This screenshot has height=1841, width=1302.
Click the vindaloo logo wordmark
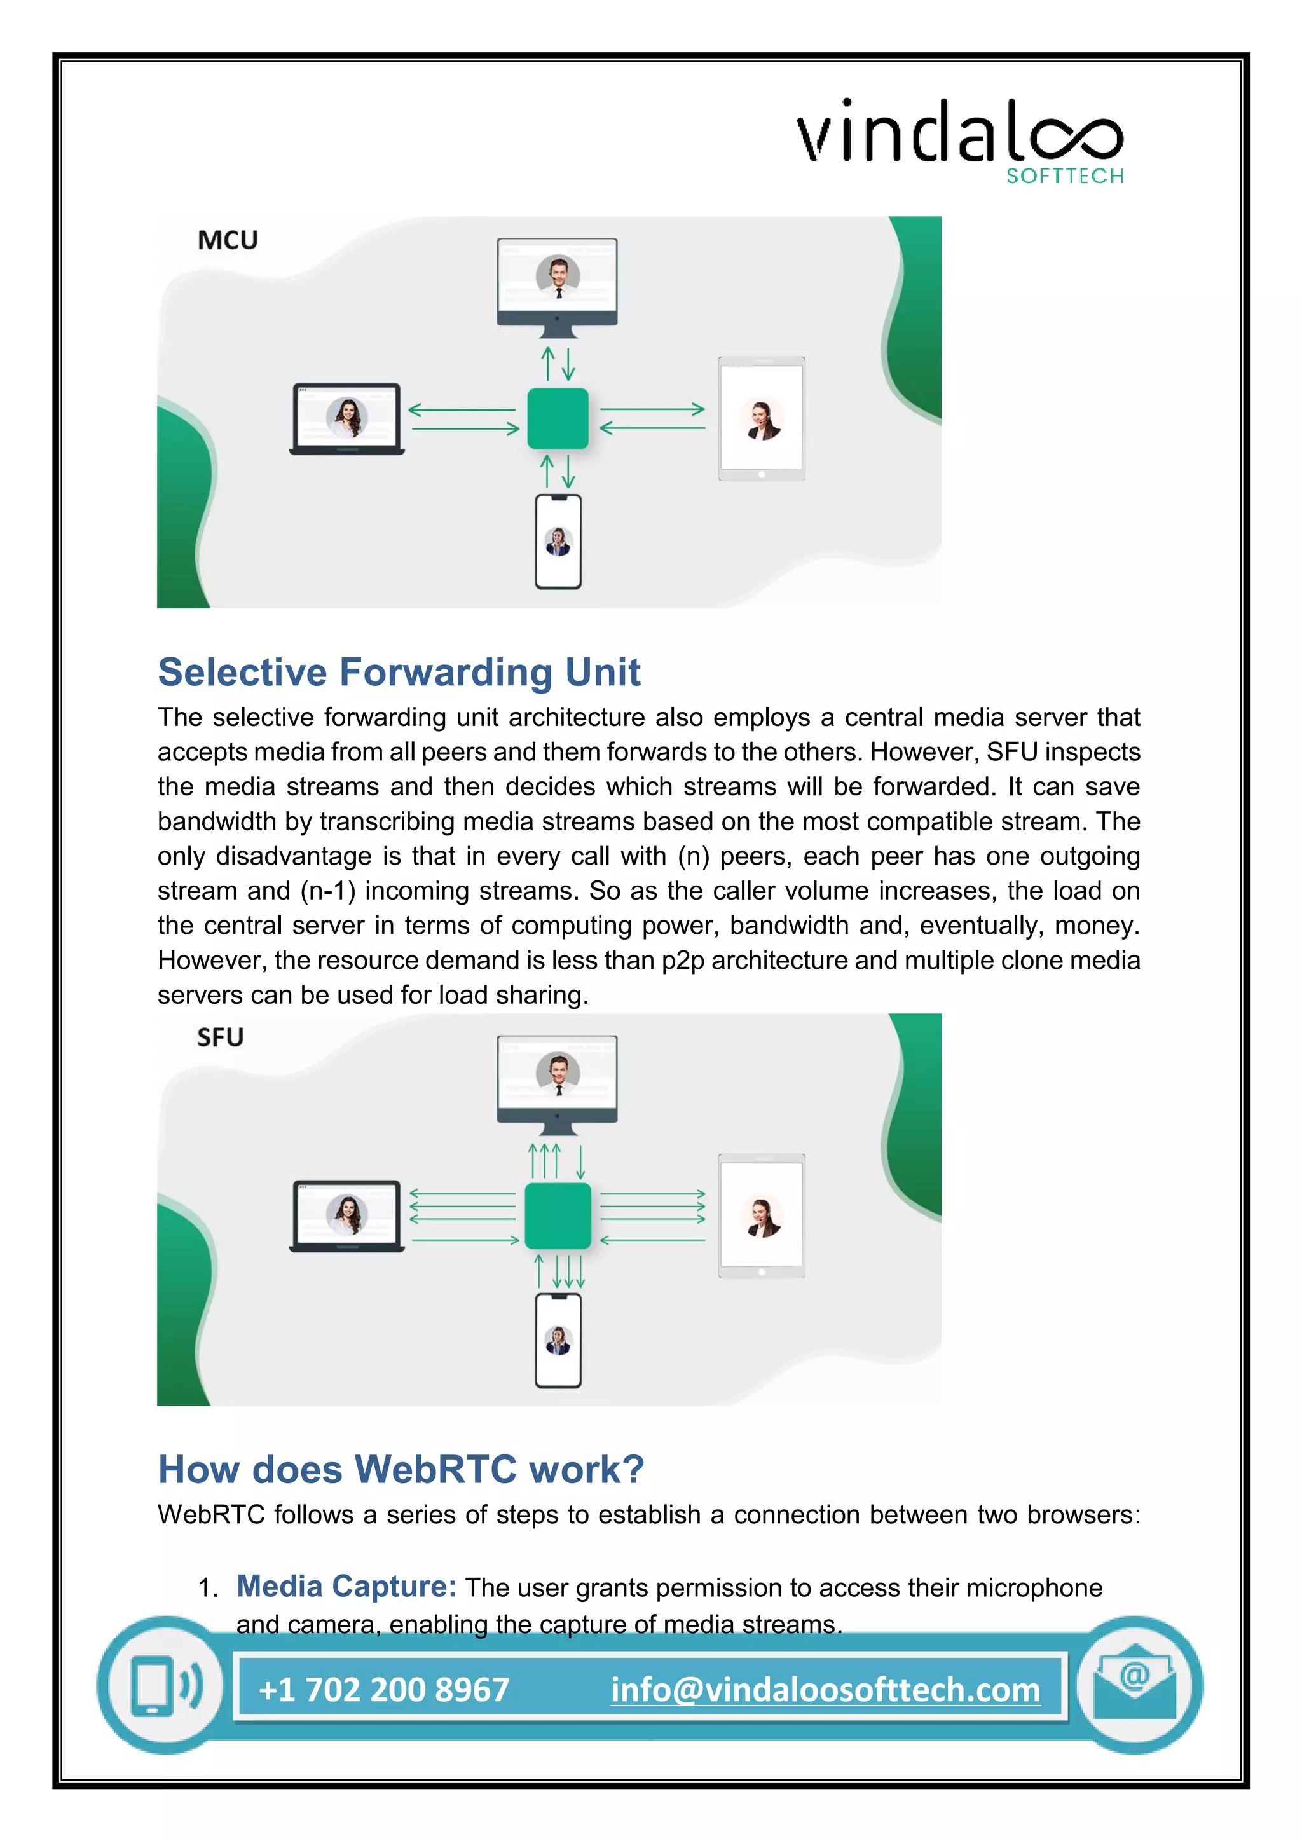tap(958, 132)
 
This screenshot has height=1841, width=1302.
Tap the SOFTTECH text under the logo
tap(1065, 176)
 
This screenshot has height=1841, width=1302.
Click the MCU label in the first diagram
tap(228, 240)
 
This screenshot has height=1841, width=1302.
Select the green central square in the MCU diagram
tap(557, 418)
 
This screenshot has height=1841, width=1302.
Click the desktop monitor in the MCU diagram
tap(557, 285)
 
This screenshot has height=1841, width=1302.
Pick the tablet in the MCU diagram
tap(761, 418)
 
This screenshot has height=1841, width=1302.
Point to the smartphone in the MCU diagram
tap(558, 542)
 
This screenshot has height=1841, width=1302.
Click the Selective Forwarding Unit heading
tap(399, 672)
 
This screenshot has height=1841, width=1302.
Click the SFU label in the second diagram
tap(221, 1037)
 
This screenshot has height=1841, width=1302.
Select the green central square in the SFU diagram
tap(557, 1215)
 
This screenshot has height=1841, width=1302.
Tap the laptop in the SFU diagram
tap(346, 1216)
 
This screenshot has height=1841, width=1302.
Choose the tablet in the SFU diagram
tap(761, 1215)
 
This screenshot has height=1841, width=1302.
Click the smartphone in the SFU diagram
tap(558, 1340)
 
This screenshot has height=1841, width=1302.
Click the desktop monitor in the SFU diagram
tap(557, 1082)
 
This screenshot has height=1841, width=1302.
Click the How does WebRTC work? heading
tap(401, 1469)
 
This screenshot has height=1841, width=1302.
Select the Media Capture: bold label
tap(346, 1586)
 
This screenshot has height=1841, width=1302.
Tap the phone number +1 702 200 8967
tap(384, 1690)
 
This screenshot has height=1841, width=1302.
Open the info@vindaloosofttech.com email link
tap(825, 1690)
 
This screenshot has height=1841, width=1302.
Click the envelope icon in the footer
tap(1134, 1685)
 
